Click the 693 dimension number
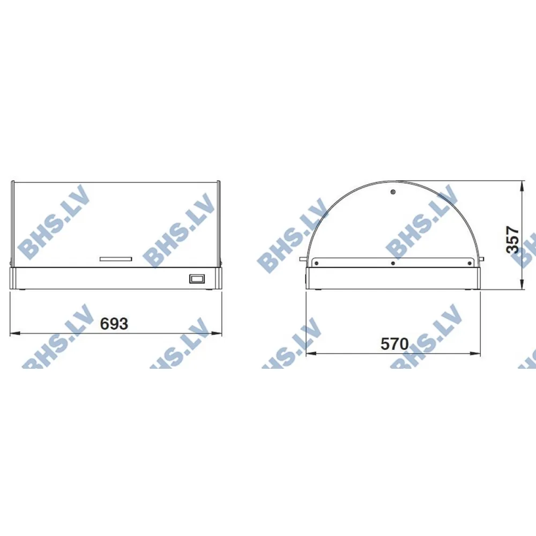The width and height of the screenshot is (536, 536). (x=115, y=324)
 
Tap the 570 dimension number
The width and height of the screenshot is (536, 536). (x=394, y=344)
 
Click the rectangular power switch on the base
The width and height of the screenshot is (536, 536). (x=197, y=279)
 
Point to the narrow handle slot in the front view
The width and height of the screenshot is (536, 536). (x=116, y=259)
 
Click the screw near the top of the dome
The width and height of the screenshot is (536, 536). (x=393, y=192)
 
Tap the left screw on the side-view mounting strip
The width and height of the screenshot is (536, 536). (x=317, y=263)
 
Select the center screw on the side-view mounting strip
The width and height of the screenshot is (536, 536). (x=393, y=263)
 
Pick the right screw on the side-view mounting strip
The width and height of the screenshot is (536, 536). (x=470, y=263)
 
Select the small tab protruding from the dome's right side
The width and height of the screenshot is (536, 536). (x=482, y=260)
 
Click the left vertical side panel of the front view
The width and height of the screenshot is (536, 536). (x=12, y=222)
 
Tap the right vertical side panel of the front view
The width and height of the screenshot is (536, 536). (x=220, y=222)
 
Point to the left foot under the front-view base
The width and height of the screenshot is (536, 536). (x=23, y=290)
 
